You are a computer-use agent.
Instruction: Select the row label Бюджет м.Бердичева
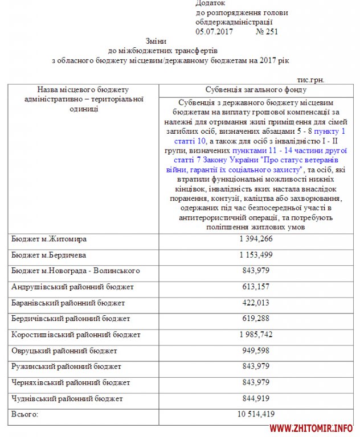click(49, 255)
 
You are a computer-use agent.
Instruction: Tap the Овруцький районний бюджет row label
click(64, 351)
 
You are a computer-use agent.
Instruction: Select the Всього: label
click(25, 414)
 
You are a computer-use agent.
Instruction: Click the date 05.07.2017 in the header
click(215, 32)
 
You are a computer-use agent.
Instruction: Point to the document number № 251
click(267, 32)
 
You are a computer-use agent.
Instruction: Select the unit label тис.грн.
click(310, 80)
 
